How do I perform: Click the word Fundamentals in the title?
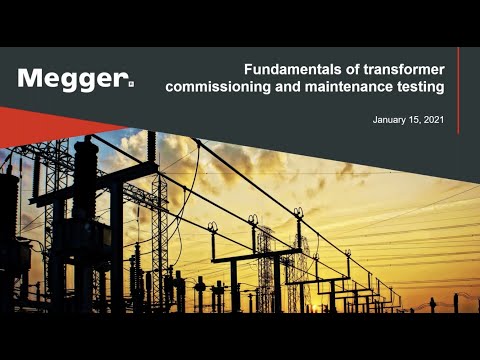(x=286, y=69)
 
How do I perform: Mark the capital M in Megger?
(x=29, y=79)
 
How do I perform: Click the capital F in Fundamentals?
(x=250, y=69)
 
